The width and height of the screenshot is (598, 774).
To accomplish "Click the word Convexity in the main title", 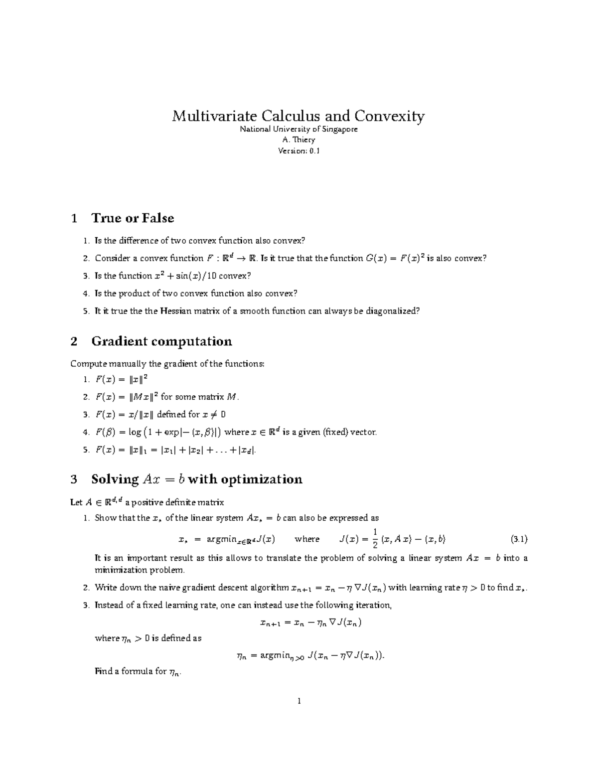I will coord(390,116).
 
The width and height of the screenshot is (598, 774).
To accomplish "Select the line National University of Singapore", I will coord(299,129).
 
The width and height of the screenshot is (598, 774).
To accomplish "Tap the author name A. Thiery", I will coord(299,140).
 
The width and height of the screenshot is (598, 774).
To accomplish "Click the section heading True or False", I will coord(133,218).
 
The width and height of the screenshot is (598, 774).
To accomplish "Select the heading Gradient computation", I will coord(161,341).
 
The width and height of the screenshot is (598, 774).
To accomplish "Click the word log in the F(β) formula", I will coord(135,432).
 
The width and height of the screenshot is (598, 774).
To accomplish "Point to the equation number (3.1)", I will coord(519,539).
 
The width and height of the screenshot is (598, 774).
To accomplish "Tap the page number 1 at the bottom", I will coord(299,701).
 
